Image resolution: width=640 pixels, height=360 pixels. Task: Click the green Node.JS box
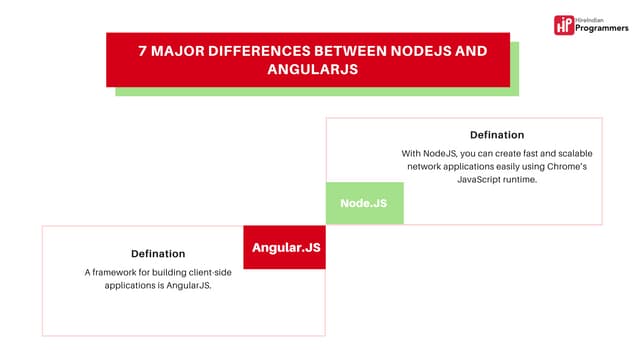364,203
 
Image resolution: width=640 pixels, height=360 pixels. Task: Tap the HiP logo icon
565,25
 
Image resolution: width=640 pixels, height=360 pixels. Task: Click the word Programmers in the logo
600,30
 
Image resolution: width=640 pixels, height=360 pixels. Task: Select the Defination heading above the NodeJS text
497,134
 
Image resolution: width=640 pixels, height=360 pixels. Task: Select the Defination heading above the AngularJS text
158,253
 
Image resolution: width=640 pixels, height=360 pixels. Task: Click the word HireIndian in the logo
598,19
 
